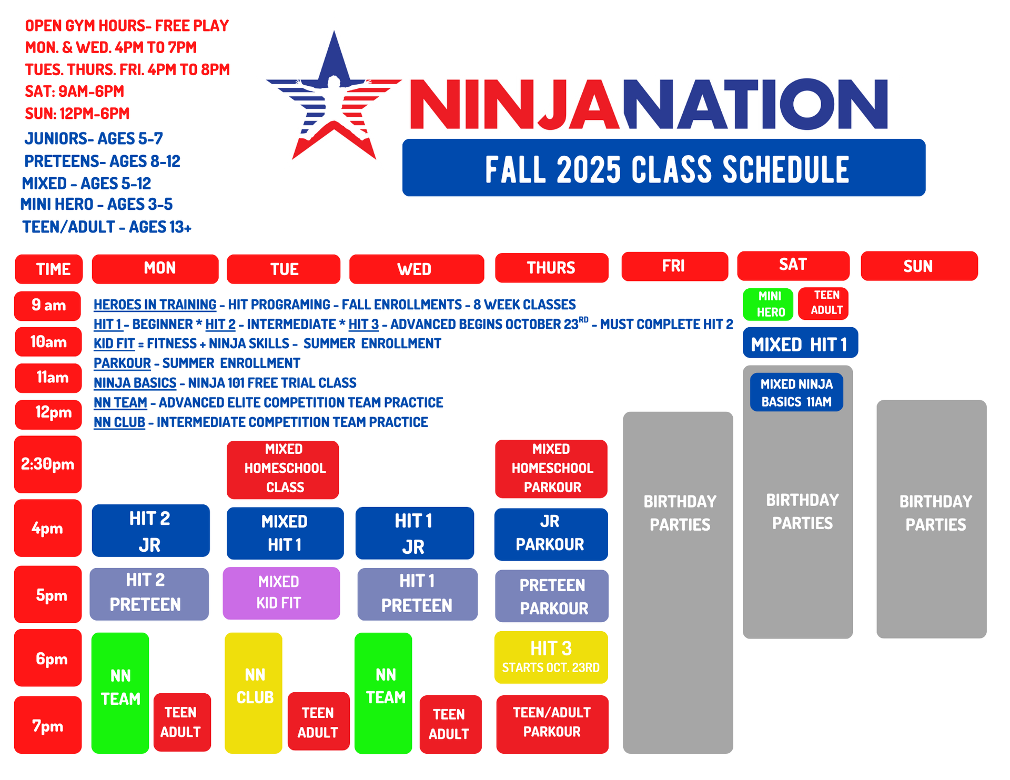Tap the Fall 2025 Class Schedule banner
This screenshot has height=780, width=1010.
coord(663,168)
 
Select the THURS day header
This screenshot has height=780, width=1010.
coord(551,268)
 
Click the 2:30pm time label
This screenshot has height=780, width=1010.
coord(48,464)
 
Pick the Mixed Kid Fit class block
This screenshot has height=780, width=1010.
coord(281,593)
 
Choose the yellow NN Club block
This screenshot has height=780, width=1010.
coord(254,693)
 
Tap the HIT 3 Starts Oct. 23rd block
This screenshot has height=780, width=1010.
coord(551,657)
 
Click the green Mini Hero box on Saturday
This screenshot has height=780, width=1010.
coord(768,304)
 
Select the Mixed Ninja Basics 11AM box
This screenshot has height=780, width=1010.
coord(796,392)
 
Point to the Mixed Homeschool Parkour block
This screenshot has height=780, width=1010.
coord(551,469)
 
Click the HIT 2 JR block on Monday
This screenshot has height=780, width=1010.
coord(151,531)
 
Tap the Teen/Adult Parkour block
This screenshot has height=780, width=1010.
coord(552,724)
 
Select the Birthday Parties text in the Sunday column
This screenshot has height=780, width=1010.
coord(935,513)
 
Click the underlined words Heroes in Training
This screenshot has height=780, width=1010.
coord(155,305)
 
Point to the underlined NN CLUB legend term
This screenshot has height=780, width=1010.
coord(119,422)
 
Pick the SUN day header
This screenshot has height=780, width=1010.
coord(919,266)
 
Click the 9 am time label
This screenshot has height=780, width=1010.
coord(48,306)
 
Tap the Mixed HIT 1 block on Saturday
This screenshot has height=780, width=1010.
coord(800,343)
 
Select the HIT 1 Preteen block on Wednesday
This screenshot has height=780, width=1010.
coord(418,594)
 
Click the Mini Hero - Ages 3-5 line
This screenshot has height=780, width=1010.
coord(96,204)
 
